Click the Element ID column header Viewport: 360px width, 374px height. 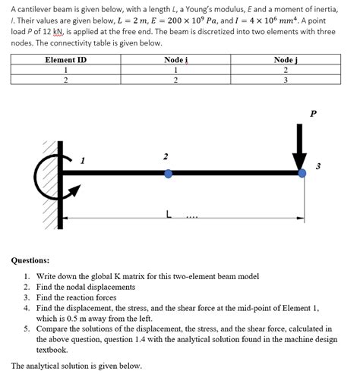tap(66, 59)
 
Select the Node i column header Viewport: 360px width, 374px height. tap(175, 59)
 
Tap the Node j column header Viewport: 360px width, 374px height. tap(285, 59)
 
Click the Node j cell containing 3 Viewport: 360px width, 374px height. tap(285, 80)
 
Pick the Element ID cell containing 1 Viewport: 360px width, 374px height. tap(66, 70)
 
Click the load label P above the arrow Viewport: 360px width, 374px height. tap(313, 113)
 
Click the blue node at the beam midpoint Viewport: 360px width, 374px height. tap(169, 174)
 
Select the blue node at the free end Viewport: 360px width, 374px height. tap(302, 174)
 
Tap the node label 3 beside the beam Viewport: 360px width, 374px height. tap(319, 165)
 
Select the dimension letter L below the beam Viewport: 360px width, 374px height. tap(169, 215)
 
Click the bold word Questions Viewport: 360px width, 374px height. tap(30, 259)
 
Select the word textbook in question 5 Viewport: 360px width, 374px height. tap(53, 350)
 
